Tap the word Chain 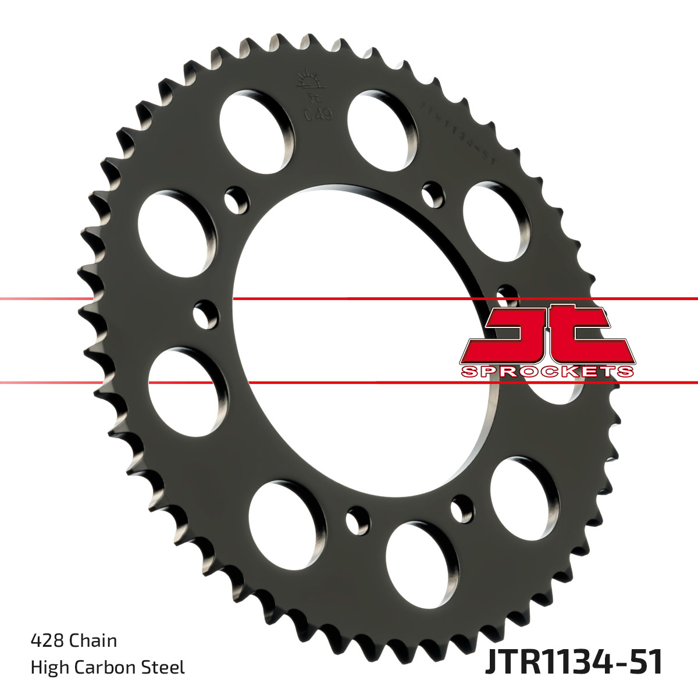coord(93,641)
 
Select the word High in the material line coord(48,667)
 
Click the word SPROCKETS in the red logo coord(547,372)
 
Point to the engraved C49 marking coord(318,114)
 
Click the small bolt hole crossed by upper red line coord(206,314)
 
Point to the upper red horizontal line coord(349,299)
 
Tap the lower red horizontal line coord(349,383)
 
